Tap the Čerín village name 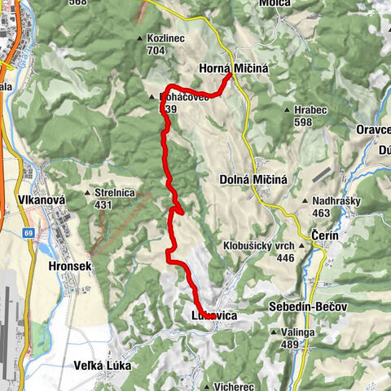click(x=326, y=235)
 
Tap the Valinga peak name click(x=299, y=332)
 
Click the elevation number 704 click(x=157, y=49)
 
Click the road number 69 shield click(x=29, y=234)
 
